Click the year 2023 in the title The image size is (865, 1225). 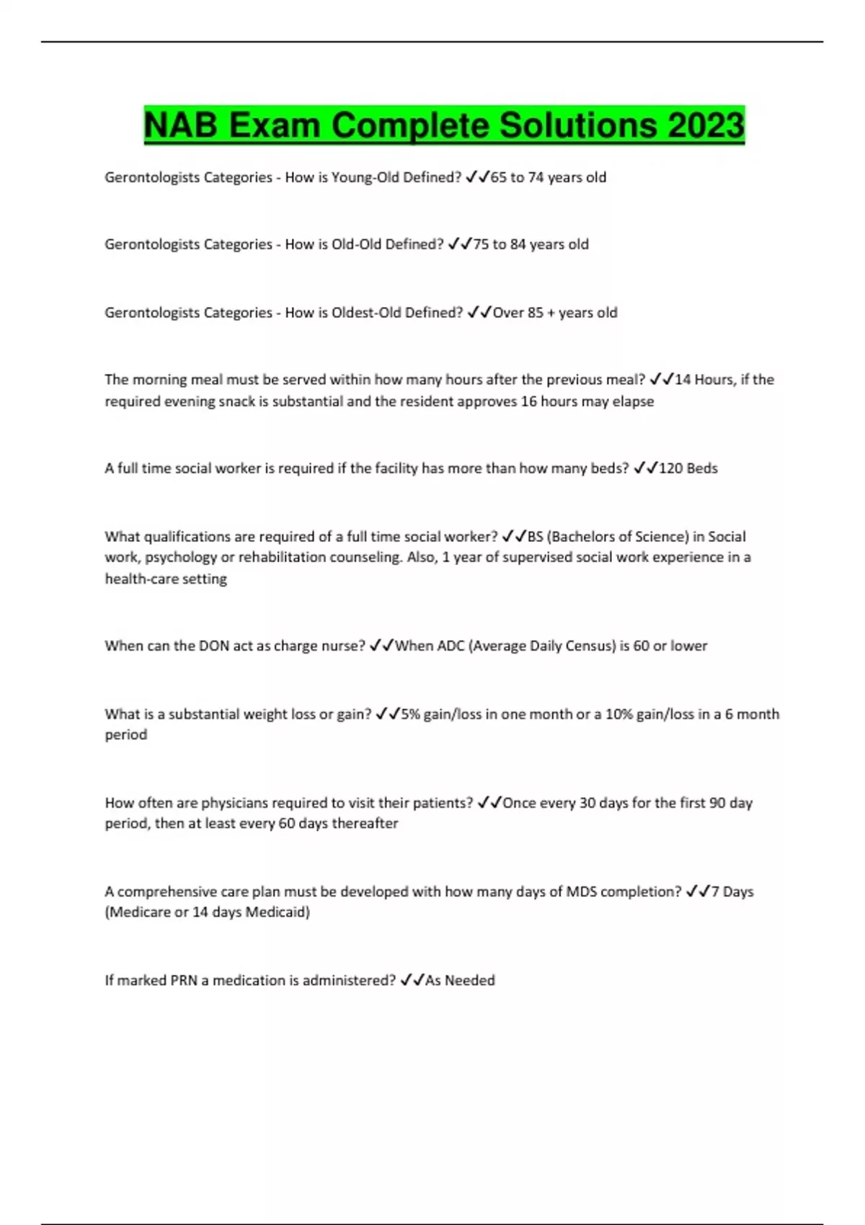[706, 125]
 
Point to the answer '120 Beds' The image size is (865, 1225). [688, 468]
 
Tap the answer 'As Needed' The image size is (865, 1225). [460, 980]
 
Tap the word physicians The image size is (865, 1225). [233, 803]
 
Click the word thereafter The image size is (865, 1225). [364, 823]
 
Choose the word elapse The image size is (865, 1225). [634, 401]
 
